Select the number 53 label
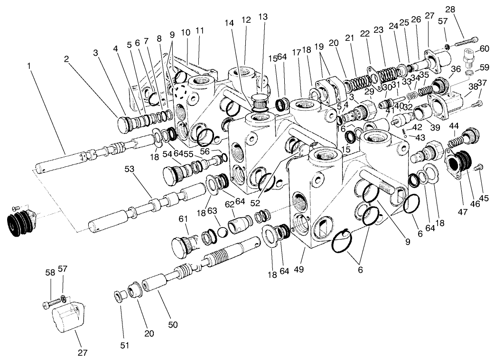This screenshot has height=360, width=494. (x=129, y=169)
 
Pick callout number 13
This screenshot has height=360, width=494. (x=262, y=17)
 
